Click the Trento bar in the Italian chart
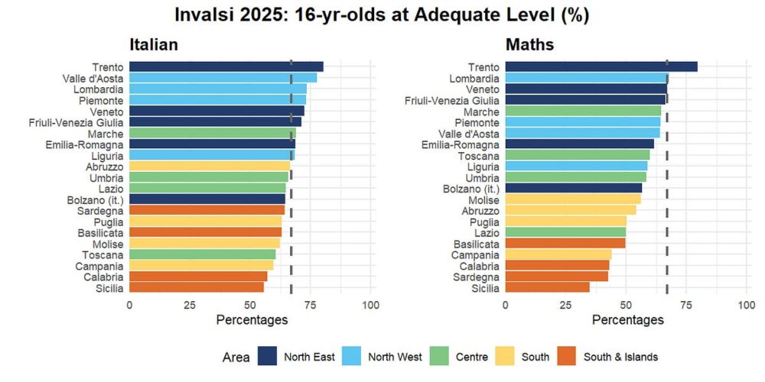(x=226, y=66)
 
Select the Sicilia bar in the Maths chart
(x=547, y=287)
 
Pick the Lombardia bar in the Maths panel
(x=586, y=78)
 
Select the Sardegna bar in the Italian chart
(x=207, y=210)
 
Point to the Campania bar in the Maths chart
(x=558, y=254)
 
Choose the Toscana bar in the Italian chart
(x=202, y=254)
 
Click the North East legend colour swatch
(x=267, y=356)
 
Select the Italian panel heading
(x=153, y=44)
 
